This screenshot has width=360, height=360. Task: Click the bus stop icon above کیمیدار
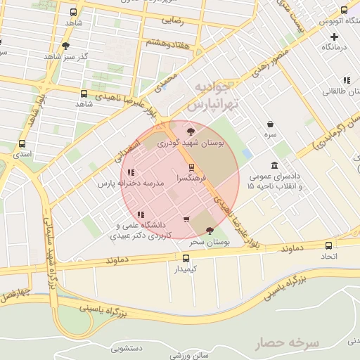pyautogui.click(x=186, y=258)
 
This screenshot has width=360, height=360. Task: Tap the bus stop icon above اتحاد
pyautogui.click(x=329, y=245)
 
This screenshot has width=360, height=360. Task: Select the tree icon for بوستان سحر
pyautogui.click(x=210, y=231)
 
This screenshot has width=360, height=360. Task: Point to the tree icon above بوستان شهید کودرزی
pyautogui.click(x=190, y=131)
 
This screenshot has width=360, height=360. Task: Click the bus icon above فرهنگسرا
pyautogui.click(x=191, y=167)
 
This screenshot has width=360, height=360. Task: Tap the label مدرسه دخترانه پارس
pyautogui.click(x=131, y=183)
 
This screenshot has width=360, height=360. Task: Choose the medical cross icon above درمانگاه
pyautogui.click(x=334, y=35)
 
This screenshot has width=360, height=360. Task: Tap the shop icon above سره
pyautogui.click(x=270, y=124)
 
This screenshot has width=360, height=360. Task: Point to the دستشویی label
pyautogui.click(x=126, y=348)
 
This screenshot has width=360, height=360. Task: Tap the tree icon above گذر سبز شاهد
pyautogui.click(x=65, y=46)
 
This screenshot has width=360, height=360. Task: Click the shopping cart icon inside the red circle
pyautogui.click(x=186, y=219)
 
